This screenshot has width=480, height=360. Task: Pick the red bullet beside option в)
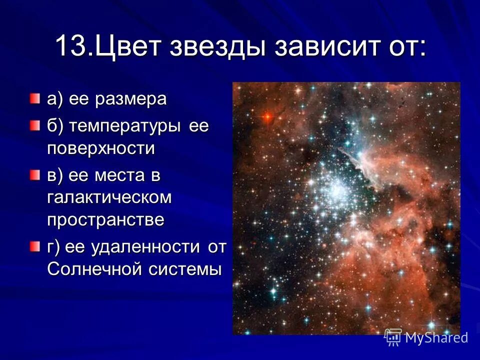pos(33,174)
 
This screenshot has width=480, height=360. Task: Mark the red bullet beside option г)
pos(33,246)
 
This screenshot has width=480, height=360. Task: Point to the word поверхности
pos(101,148)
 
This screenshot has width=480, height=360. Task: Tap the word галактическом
pos(109,197)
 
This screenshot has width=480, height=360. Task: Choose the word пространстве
pos(105,219)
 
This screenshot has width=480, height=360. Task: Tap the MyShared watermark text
pos(436,337)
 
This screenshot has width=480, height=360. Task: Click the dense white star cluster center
pos(336,189)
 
